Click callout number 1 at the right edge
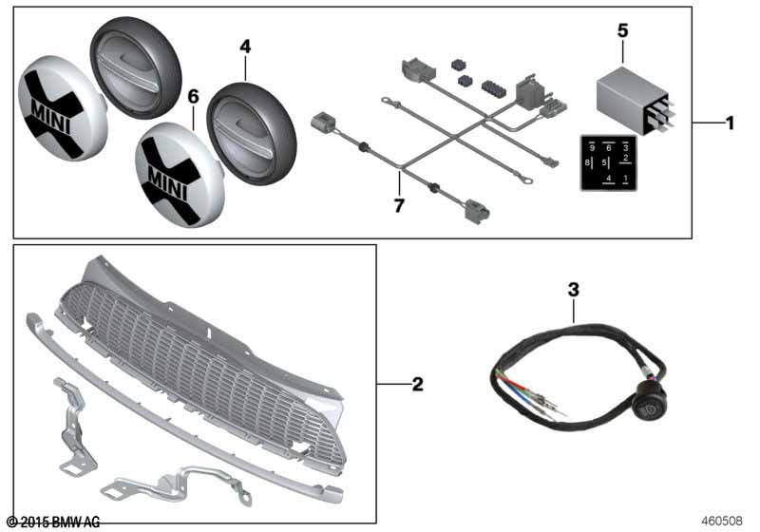tap(730, 123)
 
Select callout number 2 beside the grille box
tap(417, 385)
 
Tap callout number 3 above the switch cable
tap(573, 288)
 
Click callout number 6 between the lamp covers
tap(193, 97)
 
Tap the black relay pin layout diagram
tap(606, 163)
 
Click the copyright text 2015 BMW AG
tap(52, 522)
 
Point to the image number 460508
tap(724, 522)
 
